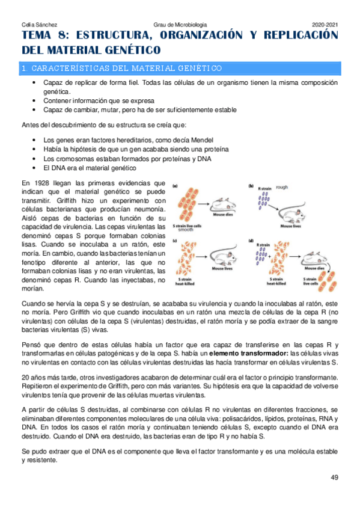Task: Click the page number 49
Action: [335, 478]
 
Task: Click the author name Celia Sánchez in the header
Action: [36, 23]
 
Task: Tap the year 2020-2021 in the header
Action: [325, 23]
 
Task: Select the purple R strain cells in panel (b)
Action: [263, 202]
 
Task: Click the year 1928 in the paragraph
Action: [40, 183]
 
